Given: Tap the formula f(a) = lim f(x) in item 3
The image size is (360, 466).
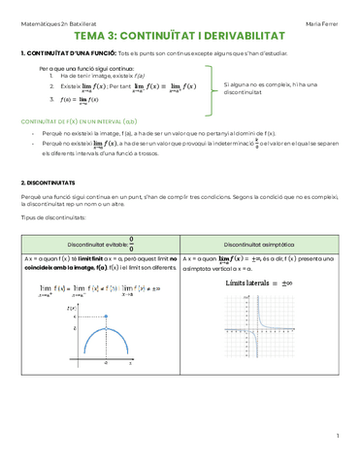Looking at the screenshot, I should click(82, 100).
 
